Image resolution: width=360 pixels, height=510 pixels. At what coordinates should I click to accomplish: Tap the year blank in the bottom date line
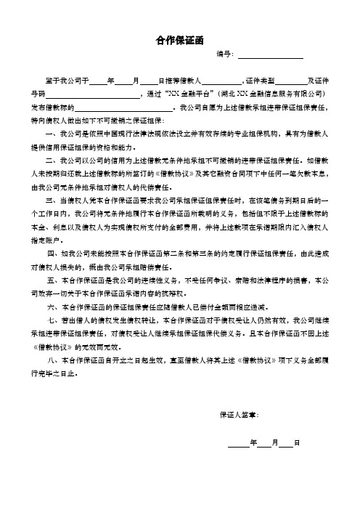(237, 442)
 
